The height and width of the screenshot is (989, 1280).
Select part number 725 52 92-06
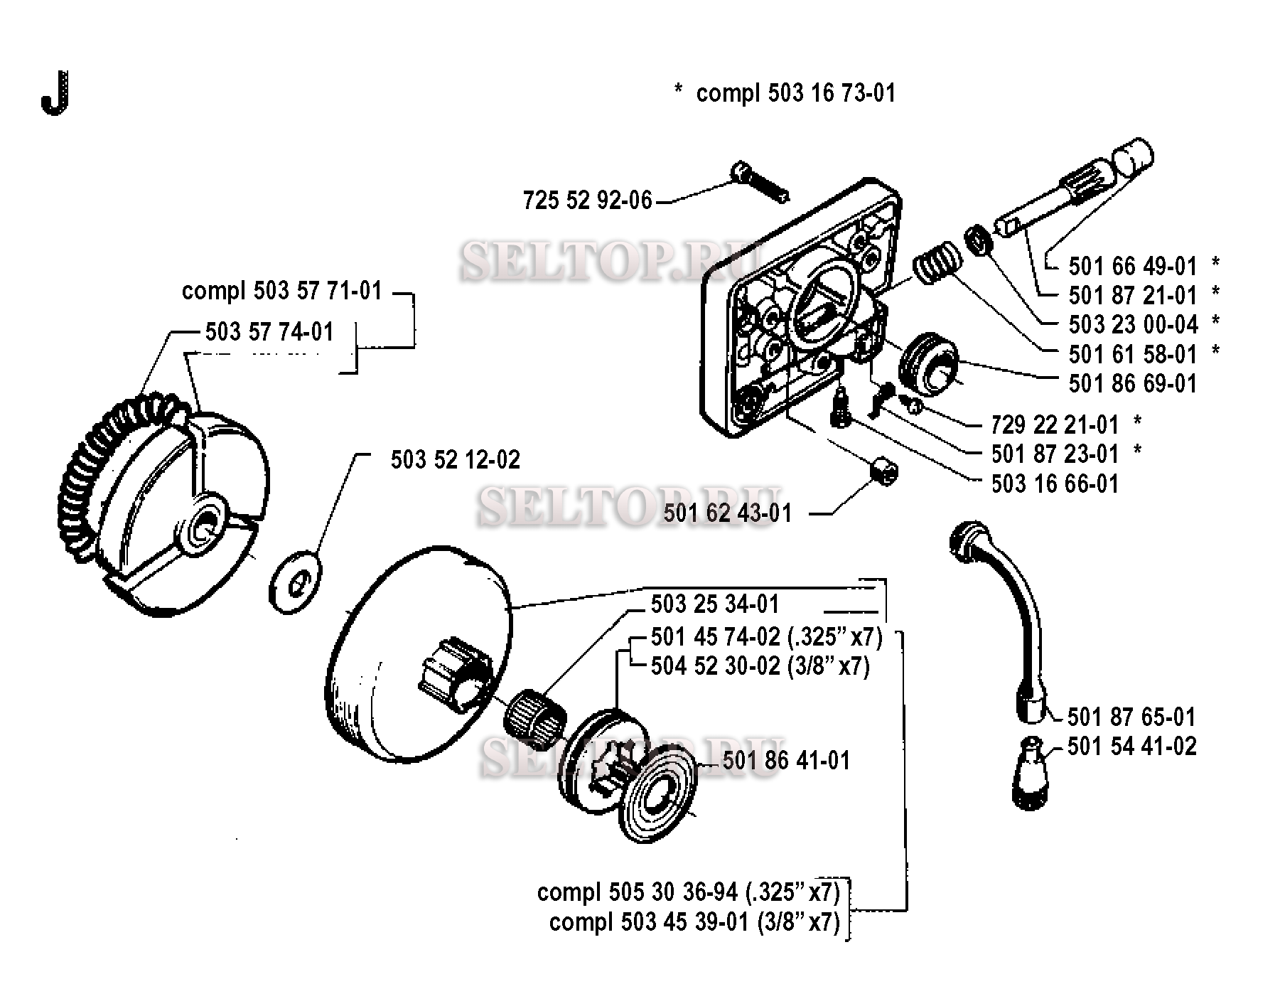tap(587, 201)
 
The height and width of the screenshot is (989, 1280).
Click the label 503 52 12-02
tap(455, 459)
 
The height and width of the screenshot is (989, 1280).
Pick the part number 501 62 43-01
tap(727, 513)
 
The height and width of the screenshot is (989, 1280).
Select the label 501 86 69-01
tap(1133, 383)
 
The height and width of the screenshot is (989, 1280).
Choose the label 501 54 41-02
tap(1132, 747)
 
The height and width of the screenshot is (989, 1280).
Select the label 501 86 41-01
tap(786, 760)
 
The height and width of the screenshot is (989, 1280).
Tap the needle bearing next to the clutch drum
tap(534, 717)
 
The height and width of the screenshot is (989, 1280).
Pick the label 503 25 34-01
tap(715, 604)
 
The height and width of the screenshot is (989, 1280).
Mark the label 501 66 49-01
tap(1133, 266)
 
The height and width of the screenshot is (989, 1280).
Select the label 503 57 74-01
tap(269, 331)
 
